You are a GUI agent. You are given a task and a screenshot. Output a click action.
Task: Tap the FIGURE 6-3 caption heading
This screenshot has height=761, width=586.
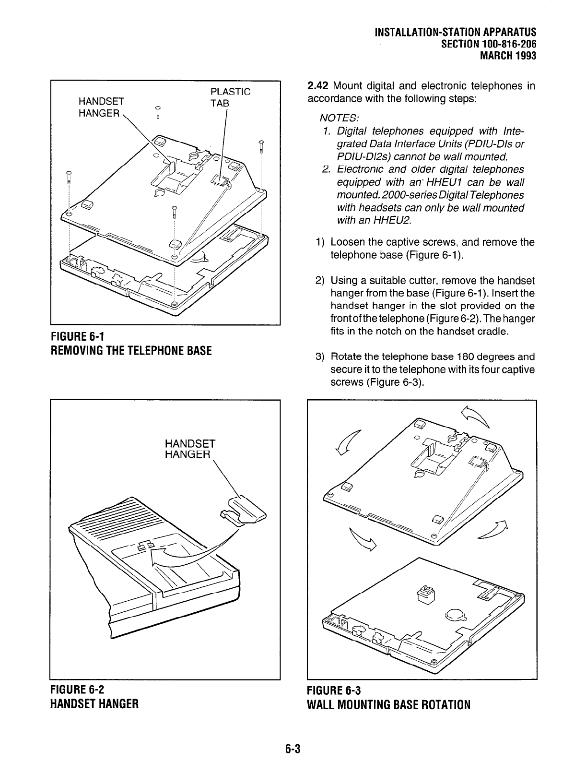(x=334, y=691)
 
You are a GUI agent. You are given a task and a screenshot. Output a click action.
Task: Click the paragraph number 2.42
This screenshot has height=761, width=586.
(x=317, y=86)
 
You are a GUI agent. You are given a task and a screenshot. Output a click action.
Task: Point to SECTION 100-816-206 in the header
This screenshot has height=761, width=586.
(x=491, y=44)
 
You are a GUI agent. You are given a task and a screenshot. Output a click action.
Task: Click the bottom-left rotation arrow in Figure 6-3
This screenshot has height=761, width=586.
(x=363, y=539)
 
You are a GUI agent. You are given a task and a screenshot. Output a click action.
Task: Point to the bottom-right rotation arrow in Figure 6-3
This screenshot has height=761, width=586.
(x=495, y=530)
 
